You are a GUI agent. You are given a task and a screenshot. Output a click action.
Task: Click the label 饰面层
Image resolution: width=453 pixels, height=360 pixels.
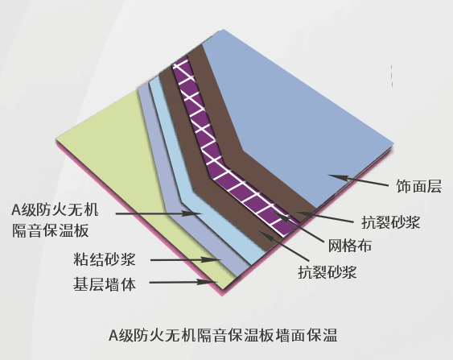tap(418, 186)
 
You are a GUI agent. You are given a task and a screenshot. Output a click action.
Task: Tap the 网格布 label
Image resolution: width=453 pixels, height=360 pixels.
tap(350, 246)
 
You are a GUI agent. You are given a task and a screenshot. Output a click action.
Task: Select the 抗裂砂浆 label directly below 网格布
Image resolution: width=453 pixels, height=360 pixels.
tap(327, 272)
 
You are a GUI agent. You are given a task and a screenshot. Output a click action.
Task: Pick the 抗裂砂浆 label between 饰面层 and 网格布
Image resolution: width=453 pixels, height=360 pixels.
tap(390, 222)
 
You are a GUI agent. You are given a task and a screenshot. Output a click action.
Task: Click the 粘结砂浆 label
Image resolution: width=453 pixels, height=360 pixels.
tap(105, 259)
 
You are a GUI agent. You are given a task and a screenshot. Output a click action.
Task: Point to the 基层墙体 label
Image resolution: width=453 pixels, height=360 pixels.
tap(105, 284)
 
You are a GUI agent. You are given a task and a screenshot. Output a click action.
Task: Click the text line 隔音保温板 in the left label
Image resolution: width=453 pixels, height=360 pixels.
tap(50, 231)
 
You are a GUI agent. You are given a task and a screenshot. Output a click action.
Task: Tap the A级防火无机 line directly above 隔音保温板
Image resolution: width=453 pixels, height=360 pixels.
tap(55, 210)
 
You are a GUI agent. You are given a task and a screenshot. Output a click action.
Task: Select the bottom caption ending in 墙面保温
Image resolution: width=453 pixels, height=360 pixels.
tap(223, 335)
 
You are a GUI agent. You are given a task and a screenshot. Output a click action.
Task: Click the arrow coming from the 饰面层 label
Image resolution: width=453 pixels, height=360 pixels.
tap(358, 180)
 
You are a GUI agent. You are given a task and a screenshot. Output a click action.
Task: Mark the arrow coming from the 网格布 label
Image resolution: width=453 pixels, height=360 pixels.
tap(298, 226)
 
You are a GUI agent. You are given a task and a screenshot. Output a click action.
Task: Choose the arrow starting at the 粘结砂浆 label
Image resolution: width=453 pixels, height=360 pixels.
tap(186, 259)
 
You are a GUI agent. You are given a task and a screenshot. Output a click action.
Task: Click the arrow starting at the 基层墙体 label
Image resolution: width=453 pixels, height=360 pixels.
tap(183, 282)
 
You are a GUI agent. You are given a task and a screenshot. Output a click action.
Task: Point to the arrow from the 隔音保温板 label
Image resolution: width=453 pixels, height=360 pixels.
tap(159, 213)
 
